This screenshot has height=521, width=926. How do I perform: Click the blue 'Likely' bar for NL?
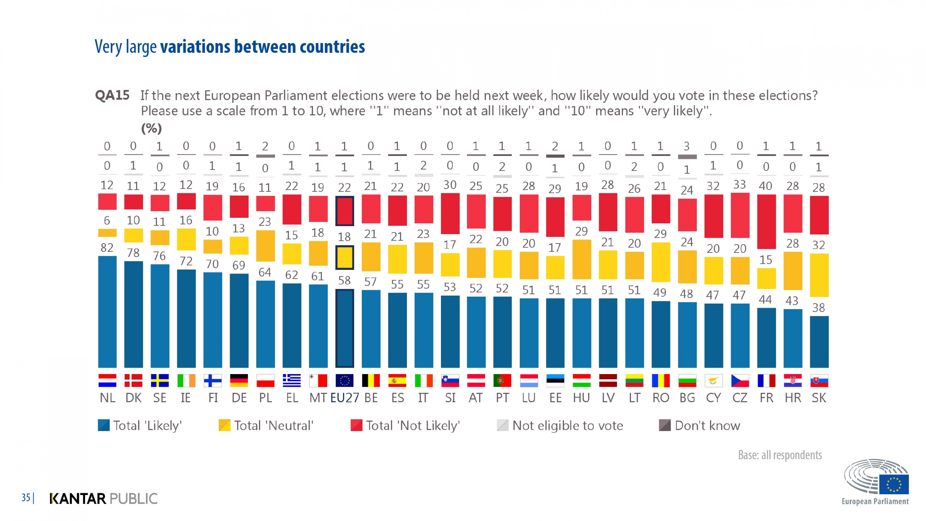107,312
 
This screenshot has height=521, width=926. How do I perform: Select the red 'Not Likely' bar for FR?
766,221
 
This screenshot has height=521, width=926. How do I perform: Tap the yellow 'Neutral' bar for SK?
819,275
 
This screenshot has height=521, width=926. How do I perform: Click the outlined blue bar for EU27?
344,328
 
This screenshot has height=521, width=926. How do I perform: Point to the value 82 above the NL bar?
107,248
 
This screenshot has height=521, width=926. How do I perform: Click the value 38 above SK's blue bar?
819,308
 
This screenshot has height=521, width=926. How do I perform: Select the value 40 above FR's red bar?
765,186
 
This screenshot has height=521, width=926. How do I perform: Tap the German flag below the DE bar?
239,381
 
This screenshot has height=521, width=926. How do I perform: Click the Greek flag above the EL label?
292,381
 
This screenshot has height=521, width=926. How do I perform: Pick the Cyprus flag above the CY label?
713,381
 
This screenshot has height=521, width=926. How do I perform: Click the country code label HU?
581,398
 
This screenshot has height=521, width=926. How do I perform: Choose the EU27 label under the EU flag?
344,398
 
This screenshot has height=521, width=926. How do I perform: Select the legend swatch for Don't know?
665,425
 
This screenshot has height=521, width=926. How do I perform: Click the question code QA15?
112,96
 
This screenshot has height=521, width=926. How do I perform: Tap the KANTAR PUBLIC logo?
103,499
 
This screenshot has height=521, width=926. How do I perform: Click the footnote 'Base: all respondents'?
780,455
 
